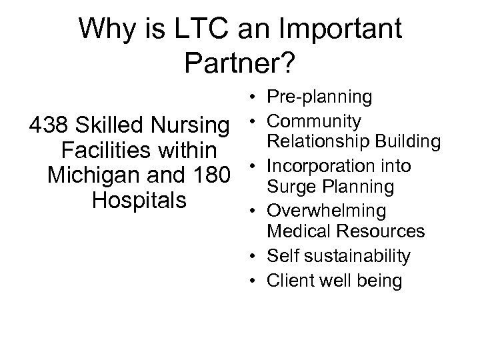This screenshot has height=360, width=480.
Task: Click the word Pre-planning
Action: (319, 98)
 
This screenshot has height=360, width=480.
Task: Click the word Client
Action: (287, 281)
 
